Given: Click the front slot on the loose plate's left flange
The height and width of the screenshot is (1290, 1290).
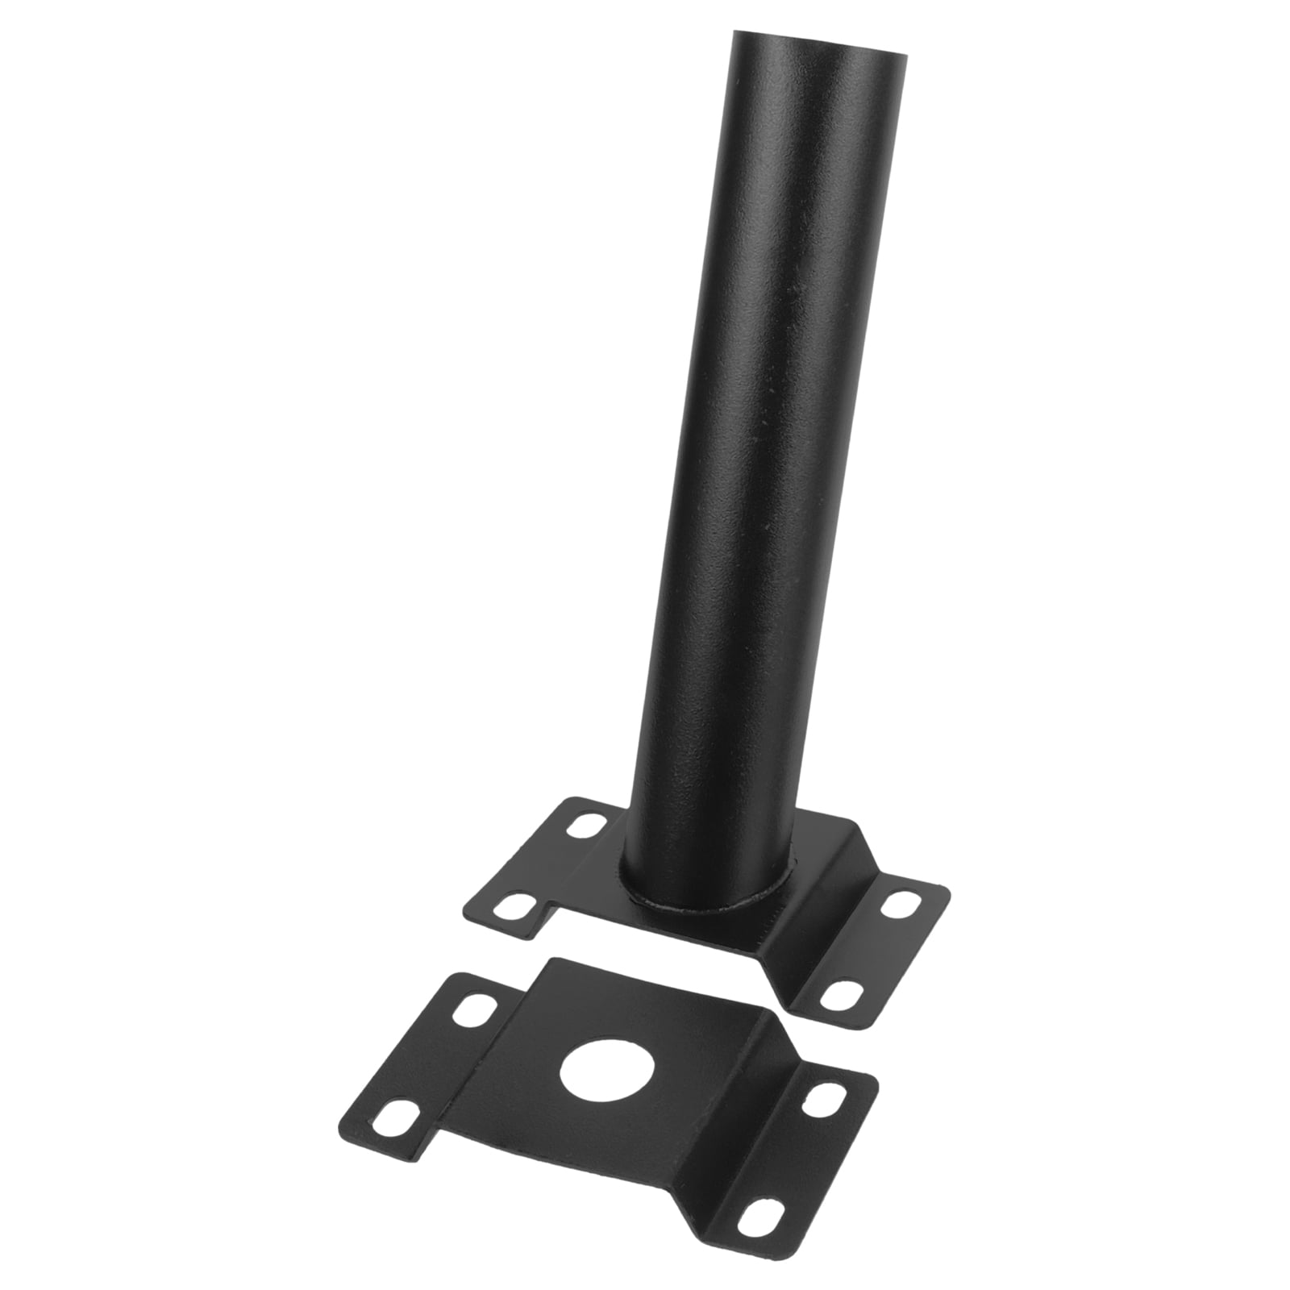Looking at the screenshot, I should coord(389,1113).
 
